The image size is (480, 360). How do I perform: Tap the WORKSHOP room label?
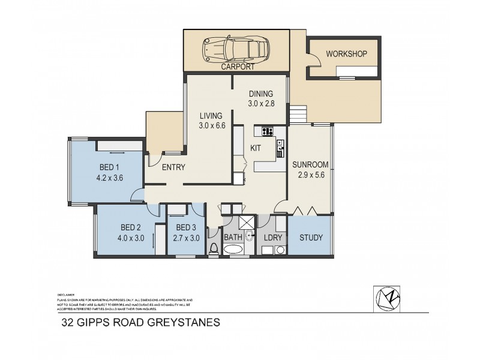(346, 54)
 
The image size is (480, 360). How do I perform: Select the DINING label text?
(261, 94)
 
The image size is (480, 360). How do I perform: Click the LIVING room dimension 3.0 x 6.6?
(212, 125)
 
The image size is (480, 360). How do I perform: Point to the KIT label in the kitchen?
(255, 148)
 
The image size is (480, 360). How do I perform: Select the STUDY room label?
(311, 238)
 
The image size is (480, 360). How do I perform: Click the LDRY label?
(272, 238)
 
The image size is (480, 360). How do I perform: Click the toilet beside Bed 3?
(213, 248)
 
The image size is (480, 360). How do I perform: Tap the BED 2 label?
(130, 227)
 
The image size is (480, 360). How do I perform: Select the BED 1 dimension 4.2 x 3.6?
(109, 178)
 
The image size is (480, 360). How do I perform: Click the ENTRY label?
(173, 167)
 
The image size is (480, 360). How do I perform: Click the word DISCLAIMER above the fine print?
(65, 295)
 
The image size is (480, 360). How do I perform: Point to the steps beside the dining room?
(298, 114)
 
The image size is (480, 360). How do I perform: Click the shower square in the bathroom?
(246, 222)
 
